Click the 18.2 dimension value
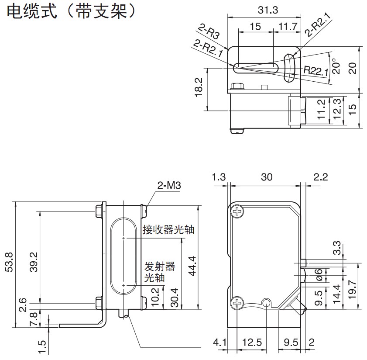tap(199, 88)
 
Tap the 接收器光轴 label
tap(168, 230)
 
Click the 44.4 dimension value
tap(190, 264)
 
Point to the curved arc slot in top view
tap(288, 68)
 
